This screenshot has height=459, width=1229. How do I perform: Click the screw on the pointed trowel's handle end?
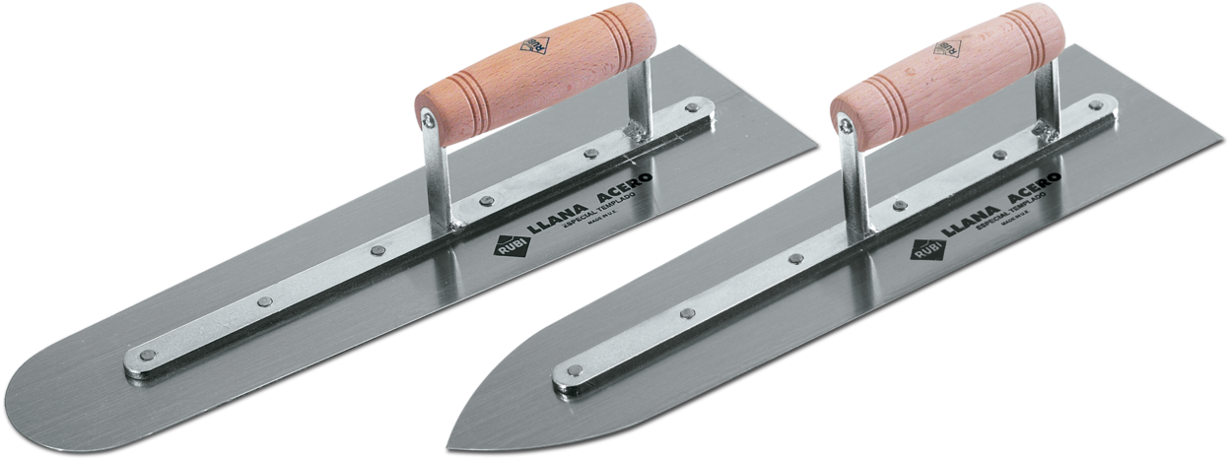pyautogui.click(x=843, y=122)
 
